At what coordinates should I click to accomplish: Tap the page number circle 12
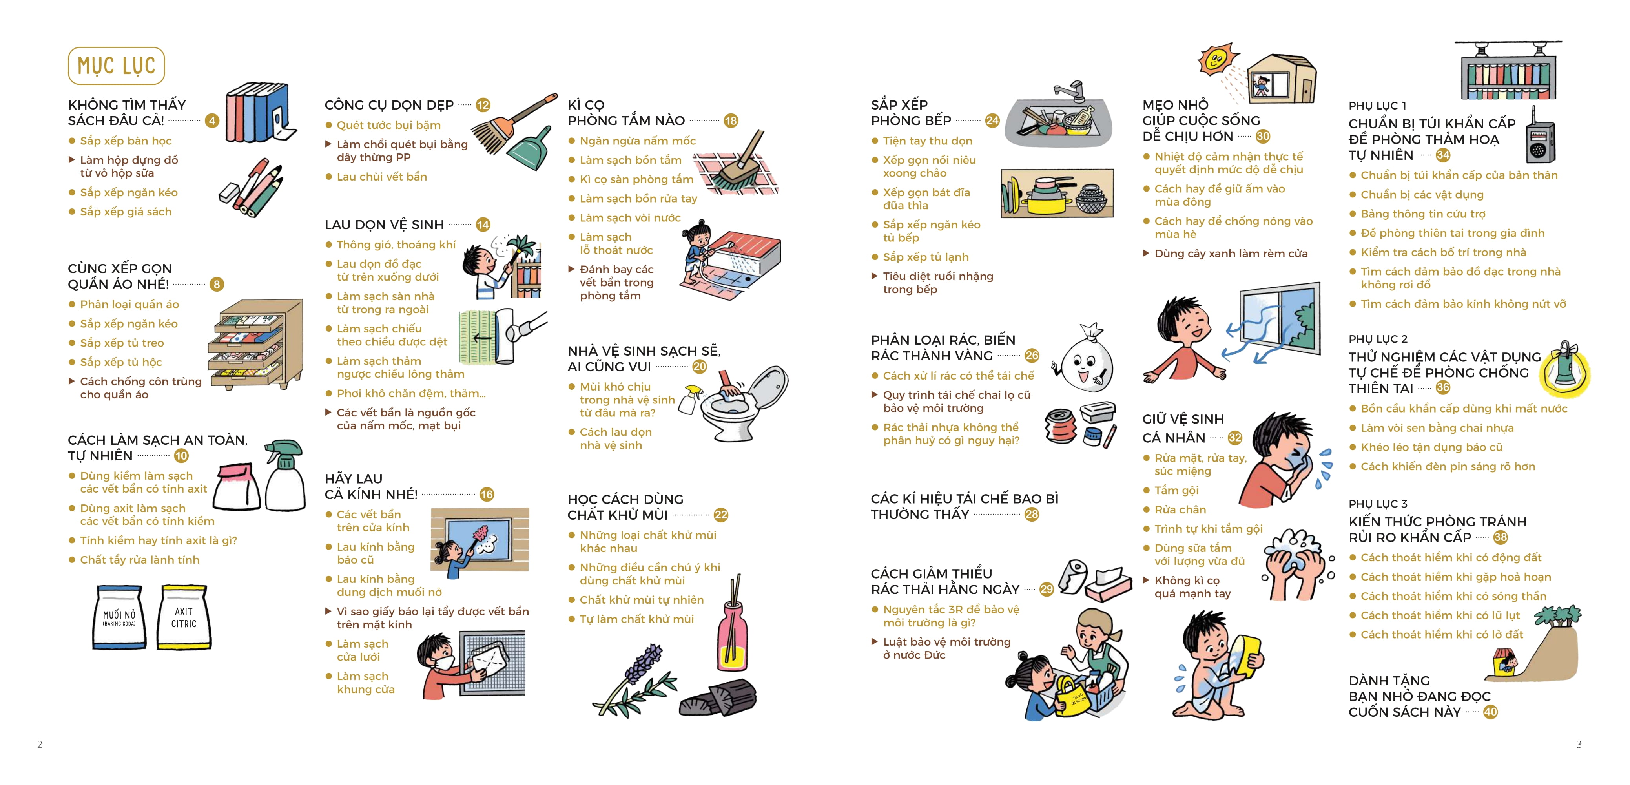click(x=483, y=105)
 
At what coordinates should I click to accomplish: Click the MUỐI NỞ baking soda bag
click(x=120, y=617)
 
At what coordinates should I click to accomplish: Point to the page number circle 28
click(x=1032, y=515)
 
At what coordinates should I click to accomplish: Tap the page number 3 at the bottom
click(x=1579, y=745)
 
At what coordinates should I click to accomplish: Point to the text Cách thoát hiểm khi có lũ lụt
click(x=1440, y=615)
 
